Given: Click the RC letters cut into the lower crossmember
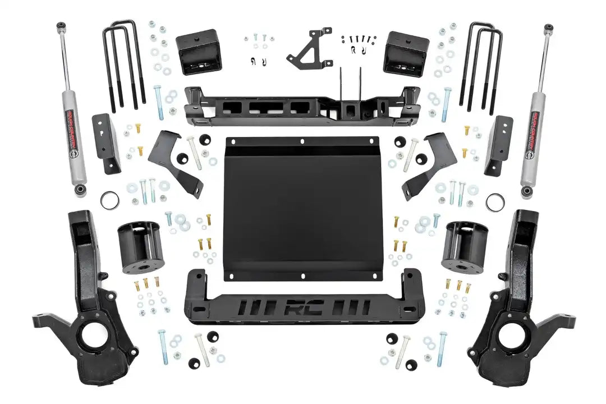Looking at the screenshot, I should (x=302, y=308).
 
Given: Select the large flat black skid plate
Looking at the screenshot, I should (x=302, y=208).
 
